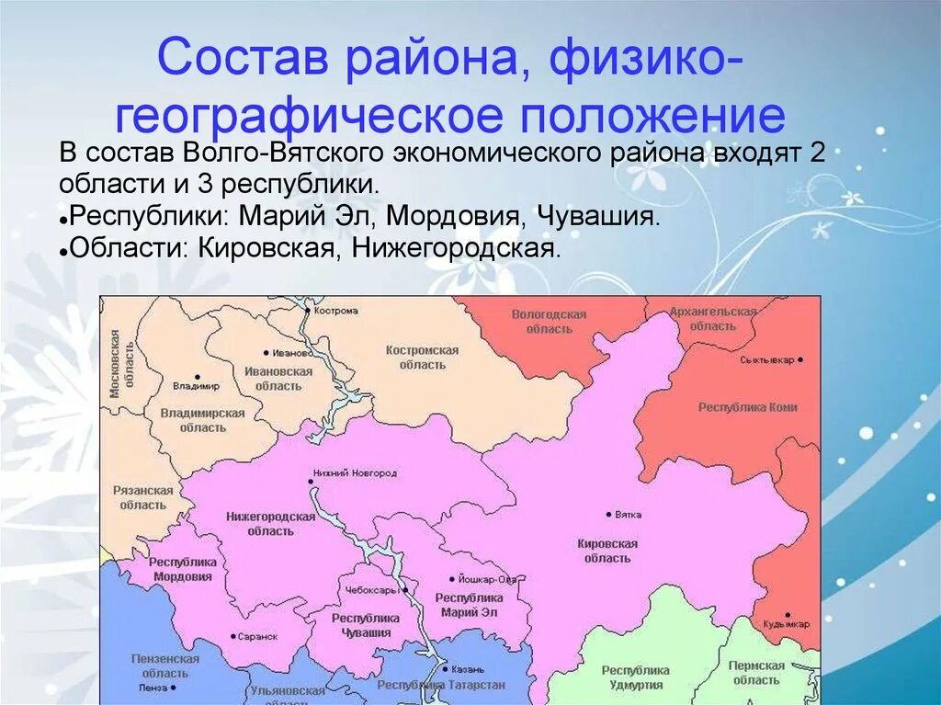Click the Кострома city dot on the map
(x=308, y=310)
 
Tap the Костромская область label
(x=422, y=358)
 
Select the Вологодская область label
(x=549, y=322)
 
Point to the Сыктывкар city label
(x=766, y=359)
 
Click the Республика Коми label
(x=747, y=407)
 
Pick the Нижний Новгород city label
(x=355, y=472)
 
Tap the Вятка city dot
(x=608, y=514)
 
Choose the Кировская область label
(x=607, y=551)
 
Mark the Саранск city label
(x=257, y=636)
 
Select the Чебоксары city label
(x=372, y=589)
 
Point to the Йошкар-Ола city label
(x=487, y=579)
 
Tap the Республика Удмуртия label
(x=636, y=677)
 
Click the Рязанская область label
(x=143, y=497)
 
